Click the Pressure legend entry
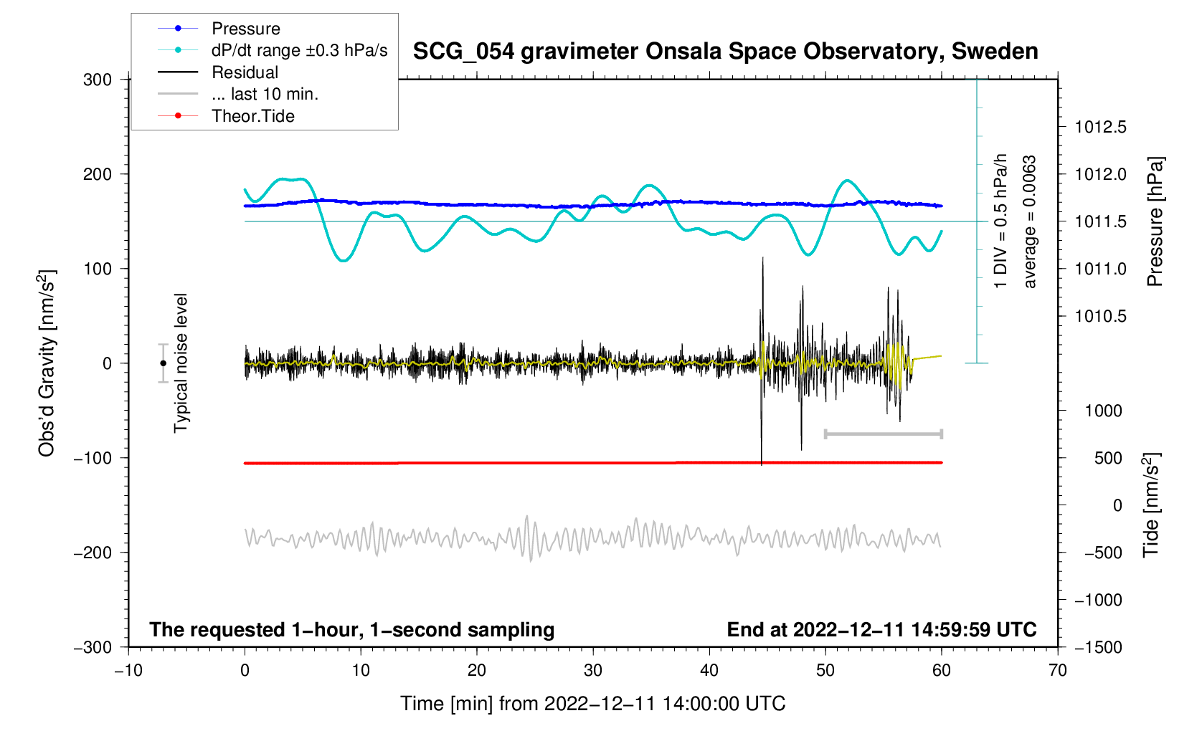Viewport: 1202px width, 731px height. pyautogui.click(x=245, y=29)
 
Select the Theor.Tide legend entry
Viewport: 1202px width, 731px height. pyautogui.click(x=252, y=116)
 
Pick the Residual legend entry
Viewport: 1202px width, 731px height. pyautogui.click(x=245, y=72)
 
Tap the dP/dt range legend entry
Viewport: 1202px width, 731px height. pyautogui.click(x=299, y=50)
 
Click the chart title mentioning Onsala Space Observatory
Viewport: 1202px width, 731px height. pyautogui.click(x=725, y=52)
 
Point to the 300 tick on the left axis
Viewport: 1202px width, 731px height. pyautogui.click(x=98, y=80)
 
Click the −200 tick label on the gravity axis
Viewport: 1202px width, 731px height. pyautogui.click(x=93, y=553)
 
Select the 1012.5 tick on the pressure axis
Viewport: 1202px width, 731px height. pyautogui.click(x=1100, y=128)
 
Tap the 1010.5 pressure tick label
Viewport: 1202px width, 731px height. pyautogui.click(x=1100, y=317)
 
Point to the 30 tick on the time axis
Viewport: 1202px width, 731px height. pyautogui.click(x=593, y=671)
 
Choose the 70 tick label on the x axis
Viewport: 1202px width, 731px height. pyautogui.click(x=1058, y=671)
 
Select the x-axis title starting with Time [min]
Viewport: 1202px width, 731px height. pyautogui.click(x=593, y=704)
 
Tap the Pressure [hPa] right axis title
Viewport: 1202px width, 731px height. pyautogui.click(x=1155, y=221)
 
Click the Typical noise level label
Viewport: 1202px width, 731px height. pyautogui.click(x=181, y=363)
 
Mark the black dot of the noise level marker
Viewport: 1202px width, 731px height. pyautogui.click(x=163, y=363)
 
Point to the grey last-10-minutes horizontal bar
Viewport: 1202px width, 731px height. pyautogui.click(x=884, y=434)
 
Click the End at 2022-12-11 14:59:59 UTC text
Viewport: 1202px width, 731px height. pyautogui.click(x=881, y=630)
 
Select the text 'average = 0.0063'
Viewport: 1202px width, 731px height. pyautogui.click(x=1030, y=221)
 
